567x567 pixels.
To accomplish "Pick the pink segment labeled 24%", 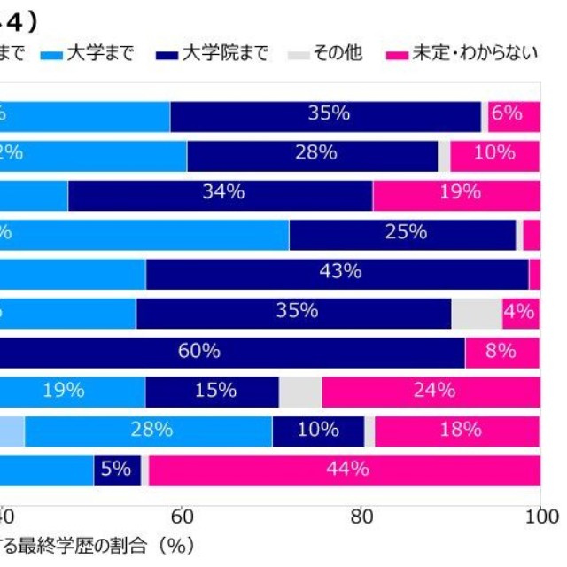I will [x=431, y=391].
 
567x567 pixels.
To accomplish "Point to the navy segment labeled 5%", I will [x=117, y=470].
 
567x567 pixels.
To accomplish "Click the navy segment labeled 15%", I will [x=212, y=391].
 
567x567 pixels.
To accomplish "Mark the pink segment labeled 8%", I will [x=502, y=352].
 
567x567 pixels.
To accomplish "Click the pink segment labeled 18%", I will [x=457, y=431].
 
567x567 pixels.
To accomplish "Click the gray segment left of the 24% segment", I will [x=300, y=391].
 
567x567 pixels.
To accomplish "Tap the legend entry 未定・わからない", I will [x=462, y=53].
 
